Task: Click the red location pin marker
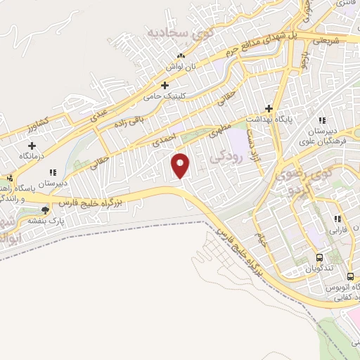point(181,165)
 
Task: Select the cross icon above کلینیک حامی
point(165,86)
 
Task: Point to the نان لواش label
point(180,66)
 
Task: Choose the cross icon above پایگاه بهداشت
point(268,108)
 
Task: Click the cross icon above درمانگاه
point(32,145)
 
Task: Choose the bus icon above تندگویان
point(319,258)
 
